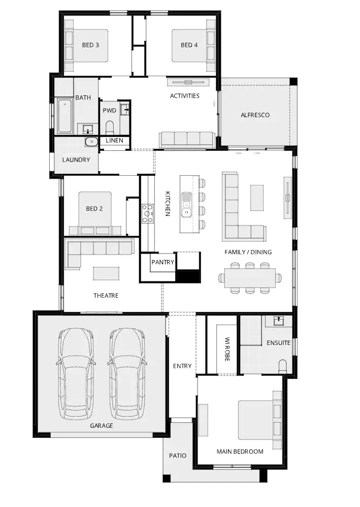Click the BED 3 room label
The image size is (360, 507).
click(90, 45)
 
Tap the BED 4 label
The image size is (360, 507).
click(189, 45)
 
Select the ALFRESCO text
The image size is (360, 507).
click(255, 115)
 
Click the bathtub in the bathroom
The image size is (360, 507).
click(64, 116)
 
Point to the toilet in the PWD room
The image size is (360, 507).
click(110, 128)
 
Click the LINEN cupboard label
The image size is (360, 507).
click(114, 141)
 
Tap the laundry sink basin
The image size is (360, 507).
click(92, 142)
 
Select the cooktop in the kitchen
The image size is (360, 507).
click(148, 213)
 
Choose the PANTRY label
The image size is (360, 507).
click(163, 262)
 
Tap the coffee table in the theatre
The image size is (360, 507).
click(106, 273)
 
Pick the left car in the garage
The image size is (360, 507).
click(76, 374)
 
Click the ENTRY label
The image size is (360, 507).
click(182, 366)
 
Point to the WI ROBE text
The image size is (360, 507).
click(227, 350)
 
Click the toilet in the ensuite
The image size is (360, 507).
click(282, 366)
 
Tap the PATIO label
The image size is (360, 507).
click(178, 456)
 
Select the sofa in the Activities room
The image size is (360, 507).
click(187, 140)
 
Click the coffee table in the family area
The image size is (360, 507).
click(257, 198)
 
